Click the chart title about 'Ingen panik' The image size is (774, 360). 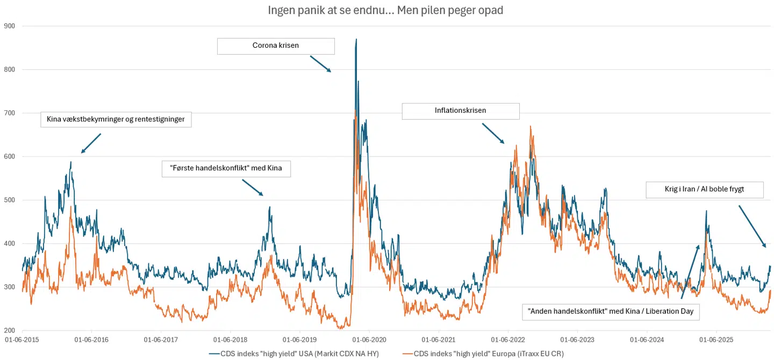(x=385, y=10)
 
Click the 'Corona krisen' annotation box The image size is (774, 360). (x=276, y=46)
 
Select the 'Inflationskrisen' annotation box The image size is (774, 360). (x=461, y=111)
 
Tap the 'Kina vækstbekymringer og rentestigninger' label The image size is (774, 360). (x=116, y=119)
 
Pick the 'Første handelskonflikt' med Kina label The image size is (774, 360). (x=226, y=169)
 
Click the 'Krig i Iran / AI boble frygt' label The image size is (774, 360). (x=704, y=189)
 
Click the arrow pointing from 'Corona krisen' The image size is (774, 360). (x=320, y=63)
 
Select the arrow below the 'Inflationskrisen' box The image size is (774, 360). (x=493, y=133)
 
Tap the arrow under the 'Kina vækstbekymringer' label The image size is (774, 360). (x=91, y=143)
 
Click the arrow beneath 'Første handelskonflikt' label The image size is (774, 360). (x=253, y=188)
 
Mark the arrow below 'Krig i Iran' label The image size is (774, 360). (x=752, y=226)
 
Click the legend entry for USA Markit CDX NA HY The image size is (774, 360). (x=293, y=353)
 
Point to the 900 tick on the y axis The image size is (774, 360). (x=9, y=26)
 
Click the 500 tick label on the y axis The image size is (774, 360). (x=9, y=200)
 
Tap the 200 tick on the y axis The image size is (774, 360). (x=9, y=330)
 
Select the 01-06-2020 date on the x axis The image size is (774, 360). (x=369, y=340)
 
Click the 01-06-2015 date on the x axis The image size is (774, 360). (x=22, y=340)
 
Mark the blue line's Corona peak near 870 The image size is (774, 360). (x=356, y=39)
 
